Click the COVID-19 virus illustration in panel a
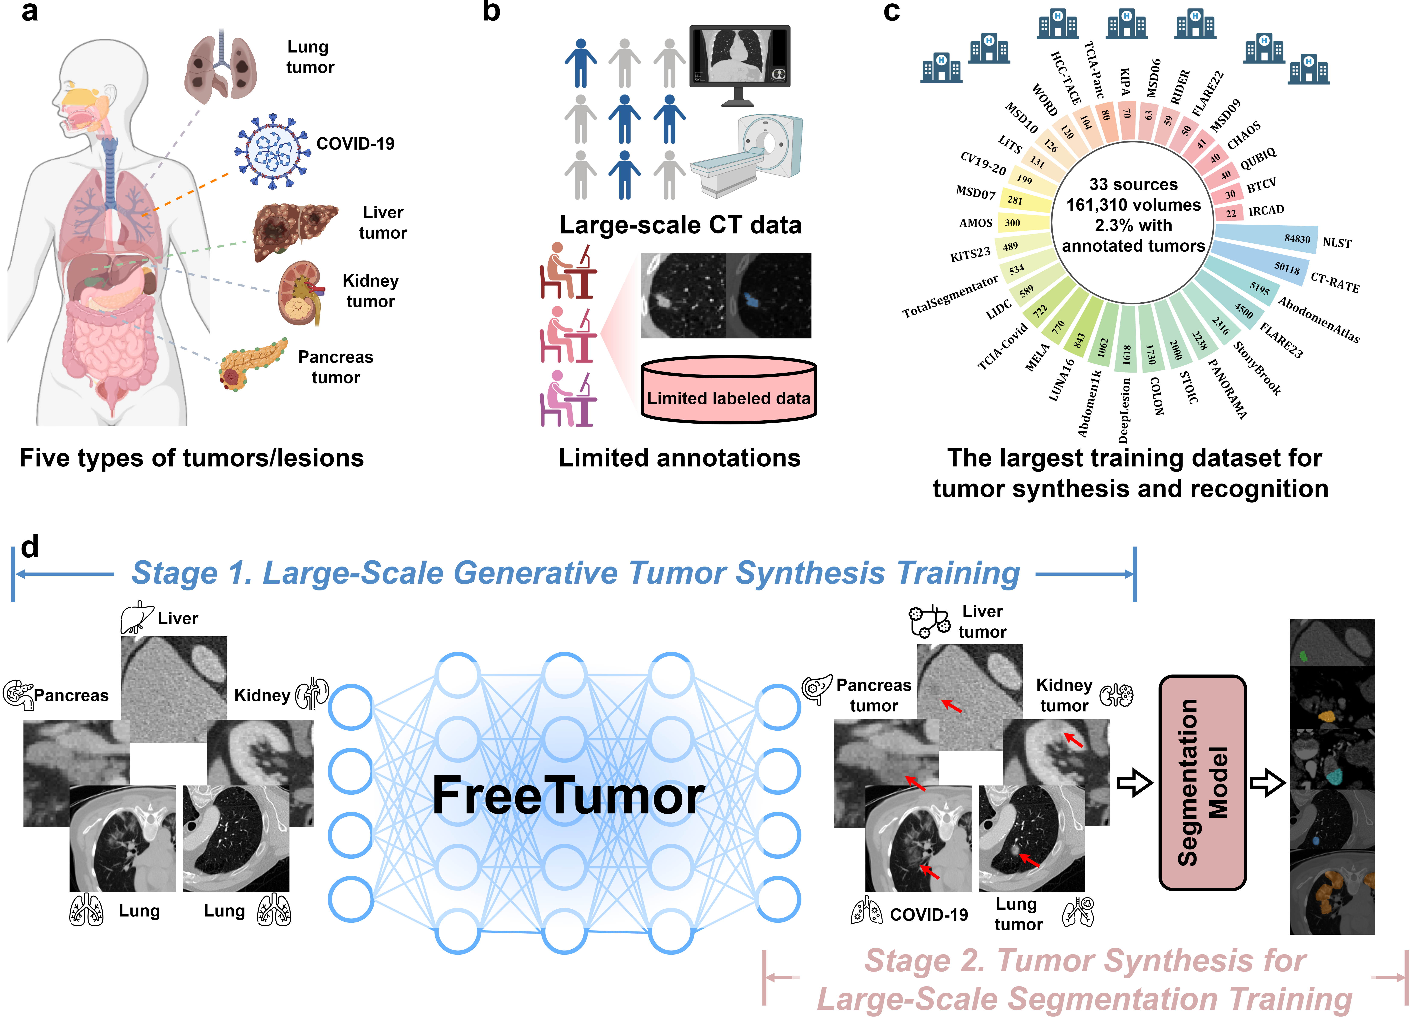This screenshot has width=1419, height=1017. click(272, 152)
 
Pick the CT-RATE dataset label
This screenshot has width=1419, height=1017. click(1335, 283)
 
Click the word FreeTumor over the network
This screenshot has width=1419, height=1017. click(568, 796)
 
